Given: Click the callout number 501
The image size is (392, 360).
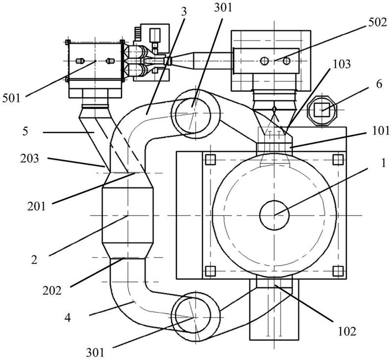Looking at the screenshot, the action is coord(11,98).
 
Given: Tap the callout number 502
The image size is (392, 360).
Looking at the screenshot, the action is coord(377,23).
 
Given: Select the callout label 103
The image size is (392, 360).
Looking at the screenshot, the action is coord(342,64).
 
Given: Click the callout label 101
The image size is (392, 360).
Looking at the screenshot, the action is coord(381,131).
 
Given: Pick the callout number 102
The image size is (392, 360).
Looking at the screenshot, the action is coord(347,331).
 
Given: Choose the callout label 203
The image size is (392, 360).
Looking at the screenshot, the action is coord(30,158).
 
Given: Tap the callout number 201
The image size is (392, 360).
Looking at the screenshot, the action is coord(37,206).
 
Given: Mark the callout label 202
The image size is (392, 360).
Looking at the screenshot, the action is coord(52,290).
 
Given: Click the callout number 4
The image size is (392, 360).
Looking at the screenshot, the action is coord(68,318).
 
